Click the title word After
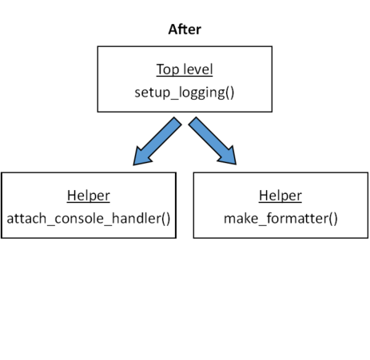185,30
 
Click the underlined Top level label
185,69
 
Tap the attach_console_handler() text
89,217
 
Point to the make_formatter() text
280,217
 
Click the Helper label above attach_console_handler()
89,196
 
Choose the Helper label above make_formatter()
280,196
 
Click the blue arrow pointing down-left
157,142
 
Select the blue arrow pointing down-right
213,142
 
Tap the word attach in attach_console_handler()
25,217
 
